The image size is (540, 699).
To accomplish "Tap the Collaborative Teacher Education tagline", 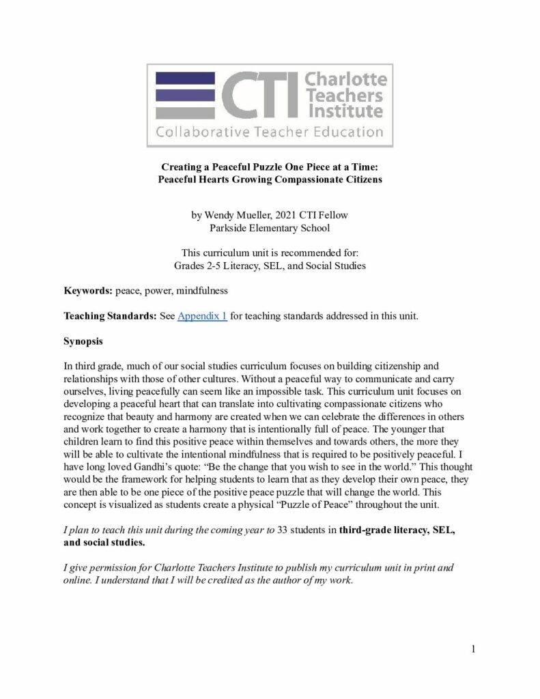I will click(x=269, y=132).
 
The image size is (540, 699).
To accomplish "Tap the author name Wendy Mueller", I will click(x=236, y=215).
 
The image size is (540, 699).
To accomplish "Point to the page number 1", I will click(x=472, y=648).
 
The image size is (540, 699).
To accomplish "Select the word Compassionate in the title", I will click(x=311, y=179).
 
